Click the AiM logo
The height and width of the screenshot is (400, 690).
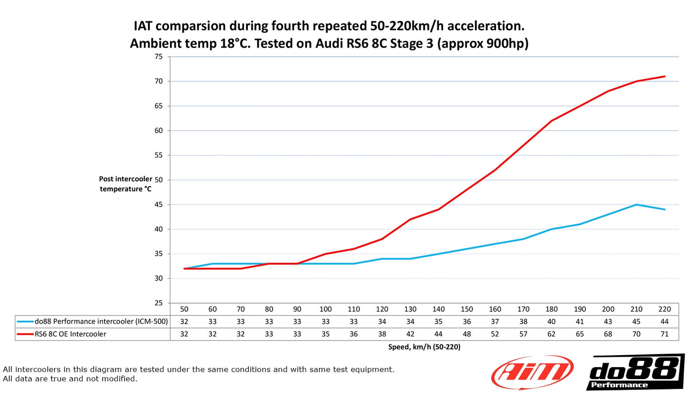pos(532,373)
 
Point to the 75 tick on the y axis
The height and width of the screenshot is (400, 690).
pos(159,57)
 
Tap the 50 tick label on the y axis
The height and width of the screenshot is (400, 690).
pos(159,180)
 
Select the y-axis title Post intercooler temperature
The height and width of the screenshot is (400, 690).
pos(126,184)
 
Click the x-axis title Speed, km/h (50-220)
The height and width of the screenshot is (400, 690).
pos(424,347)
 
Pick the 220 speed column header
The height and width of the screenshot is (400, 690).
pos(664,309)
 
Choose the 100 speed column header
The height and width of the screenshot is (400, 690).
pos(325,309)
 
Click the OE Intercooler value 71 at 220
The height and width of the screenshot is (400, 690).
pos(664,334)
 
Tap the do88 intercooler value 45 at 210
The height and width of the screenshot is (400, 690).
pos(636,322)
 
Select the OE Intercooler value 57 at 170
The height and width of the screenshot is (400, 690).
pos(523,334)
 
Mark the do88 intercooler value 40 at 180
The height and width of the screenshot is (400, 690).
pos(551,322)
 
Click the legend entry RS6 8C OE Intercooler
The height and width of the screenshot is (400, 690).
pos(70,334)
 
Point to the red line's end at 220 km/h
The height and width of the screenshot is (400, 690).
pos(664,76)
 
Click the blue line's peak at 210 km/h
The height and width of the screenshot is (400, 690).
pos(636,205)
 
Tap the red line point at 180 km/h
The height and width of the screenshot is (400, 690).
pos(551,121)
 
